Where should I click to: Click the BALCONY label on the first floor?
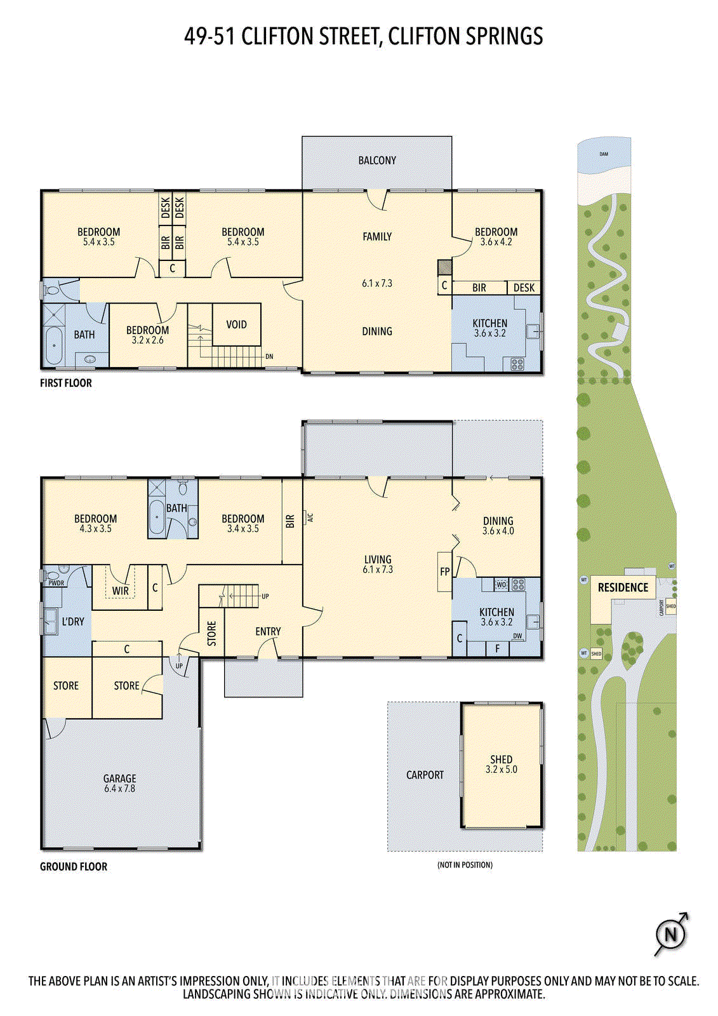[x=376, y=161]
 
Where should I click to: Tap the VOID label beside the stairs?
[x=236, y=324]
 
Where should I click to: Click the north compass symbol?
[x=670, y=934]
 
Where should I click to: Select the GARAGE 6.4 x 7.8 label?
[x=119, y=782]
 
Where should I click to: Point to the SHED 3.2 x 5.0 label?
[x=501, y=764]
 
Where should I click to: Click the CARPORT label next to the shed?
[x=425, y=775]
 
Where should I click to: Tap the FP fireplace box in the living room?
[x=444, y=571]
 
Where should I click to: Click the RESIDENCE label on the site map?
[x=623, y=587]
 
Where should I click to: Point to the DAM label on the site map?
[x=604, y=154]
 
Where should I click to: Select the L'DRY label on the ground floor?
[x=72, y=621]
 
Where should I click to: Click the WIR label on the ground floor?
[x=121, y=591]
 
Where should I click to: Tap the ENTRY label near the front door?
[x=268, y=631]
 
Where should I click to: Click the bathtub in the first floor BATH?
[x=54, y=345]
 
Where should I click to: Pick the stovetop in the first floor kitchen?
[x=517, y=364]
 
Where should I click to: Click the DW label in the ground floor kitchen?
[x=517, y=636]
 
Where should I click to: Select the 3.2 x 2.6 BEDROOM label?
[x=147, y=335]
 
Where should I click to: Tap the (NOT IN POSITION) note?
[x=465, y=865]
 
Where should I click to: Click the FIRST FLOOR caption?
[x=65, y=383]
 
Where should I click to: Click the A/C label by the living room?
[x=310, y=517]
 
